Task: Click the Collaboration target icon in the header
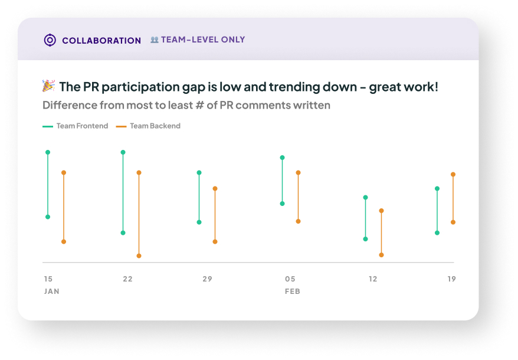coord(50,40)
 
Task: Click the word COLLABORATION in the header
coord(101,41)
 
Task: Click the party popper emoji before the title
coord(49,86)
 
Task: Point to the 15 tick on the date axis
coord(48,279)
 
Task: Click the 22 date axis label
coord(128,279)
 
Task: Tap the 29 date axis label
coord(207,279)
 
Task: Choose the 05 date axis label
coord(290,279)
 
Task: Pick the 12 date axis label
coord(373,279)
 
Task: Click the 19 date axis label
coord(451,279)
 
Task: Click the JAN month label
coord(52,292)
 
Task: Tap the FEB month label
coord(293,292)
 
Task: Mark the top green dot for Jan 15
coord(48,152)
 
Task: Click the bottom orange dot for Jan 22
coord(139,256)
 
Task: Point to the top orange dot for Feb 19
coord(453,174)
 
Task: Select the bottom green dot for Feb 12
coord(365,239)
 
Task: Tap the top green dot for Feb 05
coord(282,158)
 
